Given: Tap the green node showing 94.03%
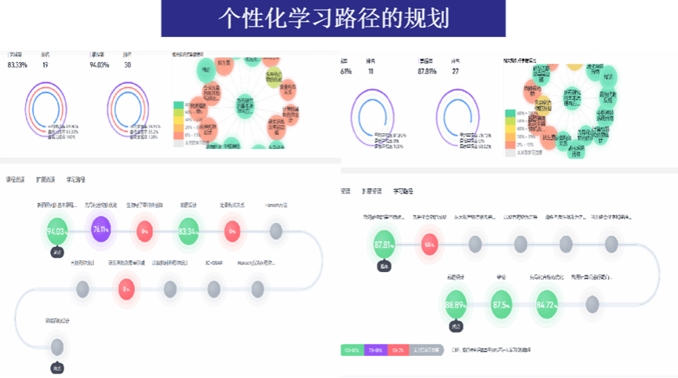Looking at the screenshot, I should tap(57, 231).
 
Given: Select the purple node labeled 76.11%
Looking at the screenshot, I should tap(100, 231).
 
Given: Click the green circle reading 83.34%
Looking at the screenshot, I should tap(188, 231).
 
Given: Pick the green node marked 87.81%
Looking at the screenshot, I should tap(384, 245).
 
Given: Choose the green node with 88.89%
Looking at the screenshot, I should tap(456, 304).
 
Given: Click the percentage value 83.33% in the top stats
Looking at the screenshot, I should tap(17, 65).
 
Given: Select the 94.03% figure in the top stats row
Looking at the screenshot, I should tap(100, 65).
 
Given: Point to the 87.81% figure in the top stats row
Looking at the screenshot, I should tap(427, 71).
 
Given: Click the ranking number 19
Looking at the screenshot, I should tap(46, 65).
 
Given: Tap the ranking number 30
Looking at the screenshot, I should tap(127, 65).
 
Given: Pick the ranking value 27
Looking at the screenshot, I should tap(455, 71).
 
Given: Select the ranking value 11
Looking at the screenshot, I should tap(370, 71).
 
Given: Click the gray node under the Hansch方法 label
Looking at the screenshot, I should tap(275, 231).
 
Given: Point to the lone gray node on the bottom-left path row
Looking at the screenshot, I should tap(57, 345).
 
